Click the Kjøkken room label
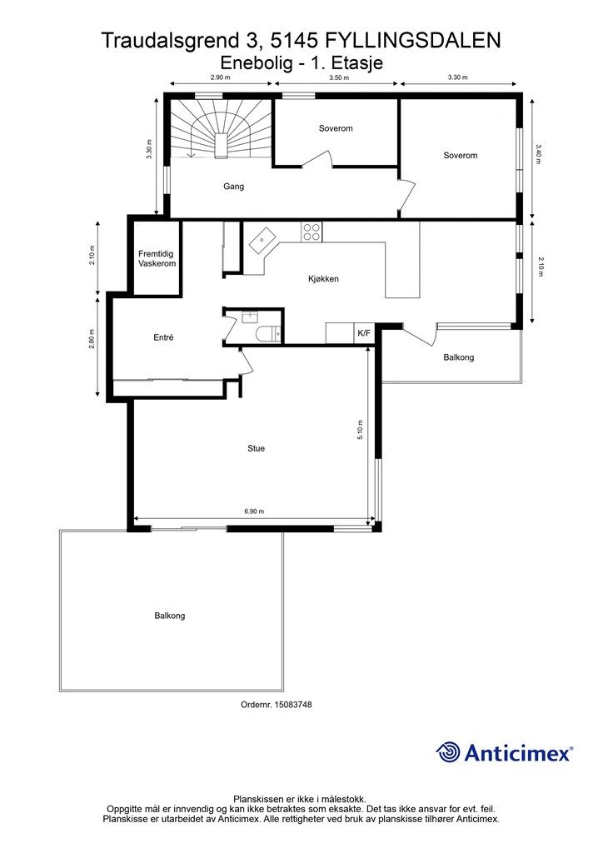(x=323, y=279)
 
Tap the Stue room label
(x=256, y=448)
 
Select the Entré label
(x=163, y=337)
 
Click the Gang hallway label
(x=234, y=187)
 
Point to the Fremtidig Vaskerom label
(x=157, y=258)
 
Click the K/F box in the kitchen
(x=364, y=333)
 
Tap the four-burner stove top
(x=311, y=232)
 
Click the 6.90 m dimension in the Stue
(x=254, y=511)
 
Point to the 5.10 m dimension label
(x=361, y=430)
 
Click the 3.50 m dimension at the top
(x=339, y=77)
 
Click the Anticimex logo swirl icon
(x=448, y=752)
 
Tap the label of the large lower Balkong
(x=170, y=616)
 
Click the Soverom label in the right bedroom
(x=461, y=156)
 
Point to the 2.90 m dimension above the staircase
(x=221, y=77)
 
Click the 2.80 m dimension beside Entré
(x=92, y=340)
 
